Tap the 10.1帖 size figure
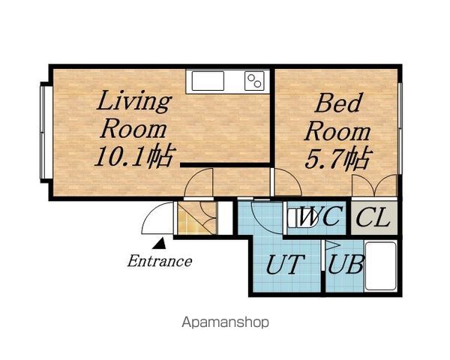(134, 155)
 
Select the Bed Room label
(337, 118)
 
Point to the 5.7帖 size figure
(338, 157)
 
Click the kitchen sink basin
(208, 81)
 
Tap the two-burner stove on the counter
(254, 81)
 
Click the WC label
(320, 217)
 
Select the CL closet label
(373, 217)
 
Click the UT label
(285, 265)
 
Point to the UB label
(346, 264)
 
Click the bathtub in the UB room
(380, 266)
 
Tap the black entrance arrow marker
(159, 243)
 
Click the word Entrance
(160, 261)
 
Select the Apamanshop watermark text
(225, 322)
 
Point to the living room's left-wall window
(43, 132)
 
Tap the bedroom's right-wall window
(400, 128)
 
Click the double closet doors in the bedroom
(374, 185)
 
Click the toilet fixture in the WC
(301, 218)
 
